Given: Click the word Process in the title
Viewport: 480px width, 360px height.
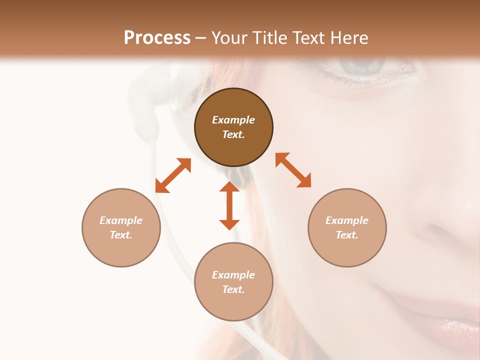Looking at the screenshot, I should (x=157, y=38).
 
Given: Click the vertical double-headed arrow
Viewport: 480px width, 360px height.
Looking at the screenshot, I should (x=229, y=205).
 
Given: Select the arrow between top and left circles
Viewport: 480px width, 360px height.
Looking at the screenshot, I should (x=173, y=175).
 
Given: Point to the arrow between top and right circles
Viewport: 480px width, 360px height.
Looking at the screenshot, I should (x=293, y=170).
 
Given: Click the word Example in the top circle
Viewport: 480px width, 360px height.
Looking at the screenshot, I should (x=233, y=120).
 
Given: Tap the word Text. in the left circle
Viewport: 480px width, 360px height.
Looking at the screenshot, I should (x=121, y=235).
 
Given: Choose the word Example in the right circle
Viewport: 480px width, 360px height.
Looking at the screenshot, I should (x=347, y=220).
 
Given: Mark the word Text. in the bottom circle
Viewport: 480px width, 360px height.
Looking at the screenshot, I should (x=233, y=289).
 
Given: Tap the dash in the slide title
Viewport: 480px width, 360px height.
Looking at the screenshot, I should (x=200, y=38).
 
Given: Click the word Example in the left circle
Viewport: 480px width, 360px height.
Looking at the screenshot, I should (x=121, y=220).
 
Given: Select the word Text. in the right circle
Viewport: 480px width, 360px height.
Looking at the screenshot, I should (x=347, y=235).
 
